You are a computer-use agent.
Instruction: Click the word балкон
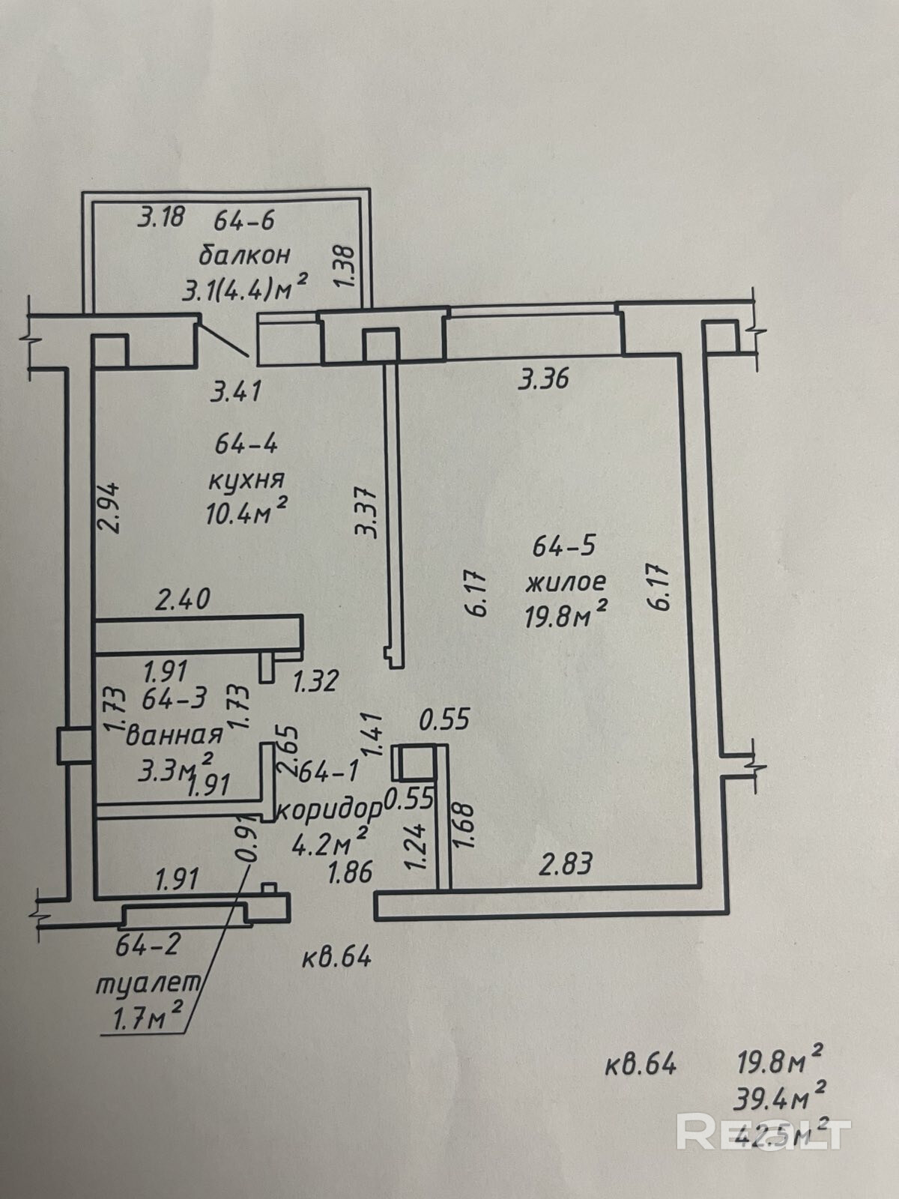[243, 255]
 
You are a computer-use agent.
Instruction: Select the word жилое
[566, 582]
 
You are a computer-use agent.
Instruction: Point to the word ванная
[175, 735]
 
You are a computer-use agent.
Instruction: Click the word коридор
[329, 809]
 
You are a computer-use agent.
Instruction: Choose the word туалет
[149, 983]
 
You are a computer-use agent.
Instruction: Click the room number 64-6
[244, 220]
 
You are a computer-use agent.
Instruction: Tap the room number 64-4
[246, 444]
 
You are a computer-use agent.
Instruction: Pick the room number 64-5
[563, 546]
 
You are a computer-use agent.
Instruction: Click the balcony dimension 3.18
[162, 218]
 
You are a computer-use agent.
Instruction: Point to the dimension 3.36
[544, 378]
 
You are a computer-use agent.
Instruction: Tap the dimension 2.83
[566, 864]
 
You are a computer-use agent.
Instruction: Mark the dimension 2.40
[182, 599]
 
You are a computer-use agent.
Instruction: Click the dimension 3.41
[236, 391]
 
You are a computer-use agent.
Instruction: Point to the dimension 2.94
[109, 507]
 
